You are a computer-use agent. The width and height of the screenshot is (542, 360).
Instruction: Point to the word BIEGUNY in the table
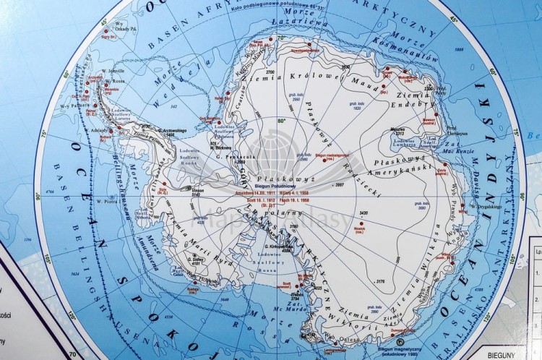[x=518, y=356]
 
